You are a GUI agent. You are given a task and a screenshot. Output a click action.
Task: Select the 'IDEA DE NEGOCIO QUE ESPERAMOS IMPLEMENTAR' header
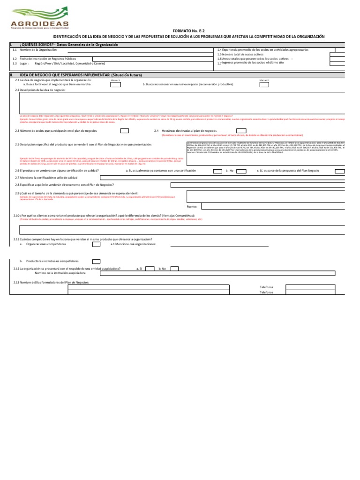click(80, 75)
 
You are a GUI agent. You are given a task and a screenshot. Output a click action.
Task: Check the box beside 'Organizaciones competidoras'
click(96, 244)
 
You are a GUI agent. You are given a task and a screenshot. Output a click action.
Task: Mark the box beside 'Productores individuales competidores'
click(96, 261)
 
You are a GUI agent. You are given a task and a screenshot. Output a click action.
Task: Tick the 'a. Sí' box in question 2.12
click(150, 269)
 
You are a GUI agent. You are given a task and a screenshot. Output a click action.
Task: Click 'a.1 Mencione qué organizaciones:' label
click(133, 244)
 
